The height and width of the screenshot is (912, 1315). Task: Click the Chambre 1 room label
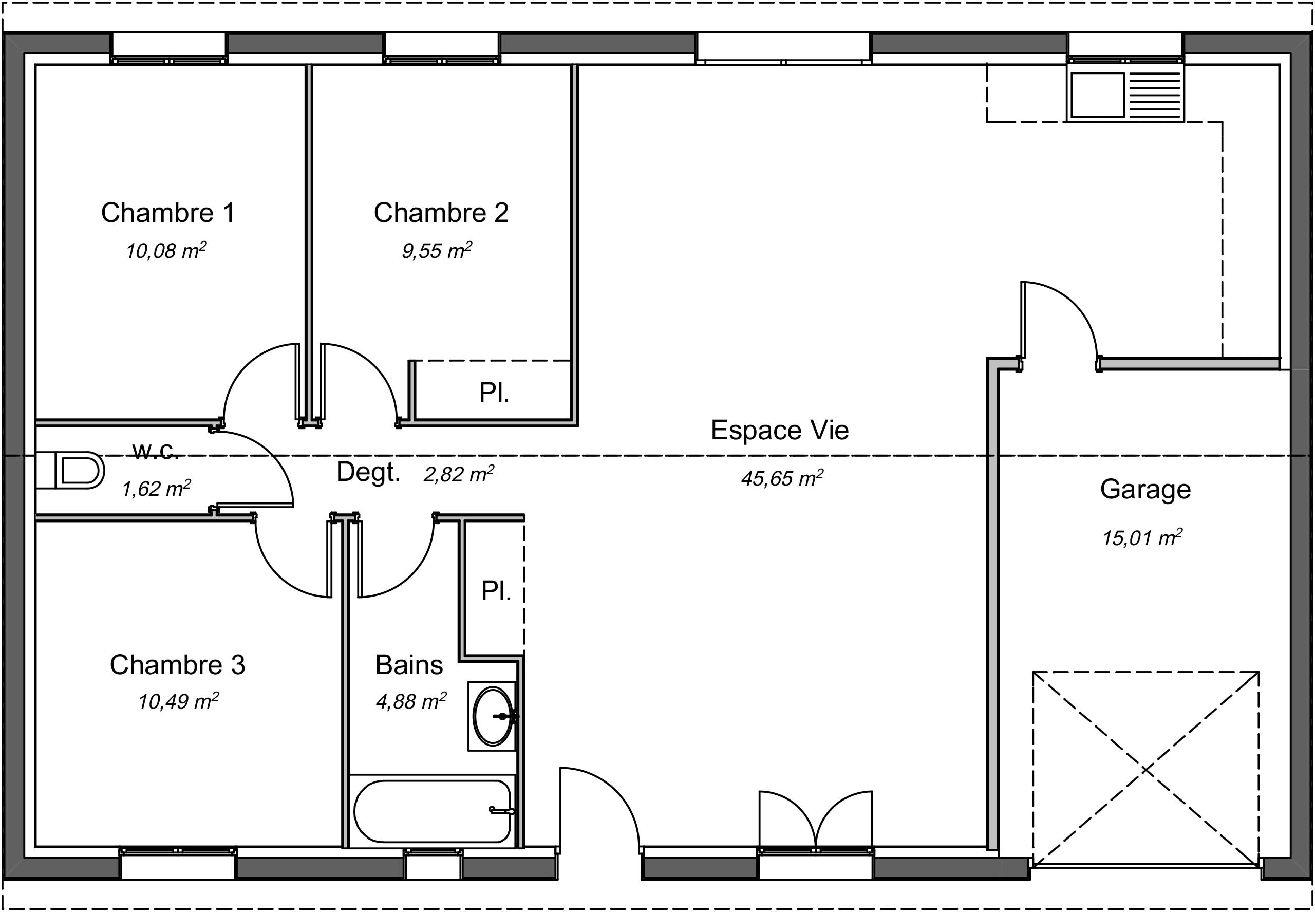coord(168,213)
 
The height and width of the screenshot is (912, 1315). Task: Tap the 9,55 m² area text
coord(437,250)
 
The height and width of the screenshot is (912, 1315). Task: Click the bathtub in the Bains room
coord(433,811)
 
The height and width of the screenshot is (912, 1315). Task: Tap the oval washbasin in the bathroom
coord(494,716)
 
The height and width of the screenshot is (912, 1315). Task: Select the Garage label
coord(1145,489)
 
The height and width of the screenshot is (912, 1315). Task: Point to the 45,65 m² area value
coord(782,478)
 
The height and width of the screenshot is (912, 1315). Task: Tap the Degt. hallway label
coord(368,472)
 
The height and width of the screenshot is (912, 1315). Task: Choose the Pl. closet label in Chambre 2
coord(494,393)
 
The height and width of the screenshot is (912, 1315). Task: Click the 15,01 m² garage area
coord(1142,537)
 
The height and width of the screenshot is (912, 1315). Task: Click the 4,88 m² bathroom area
coord(411,701)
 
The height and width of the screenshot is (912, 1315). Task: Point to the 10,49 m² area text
coord(178,701)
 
